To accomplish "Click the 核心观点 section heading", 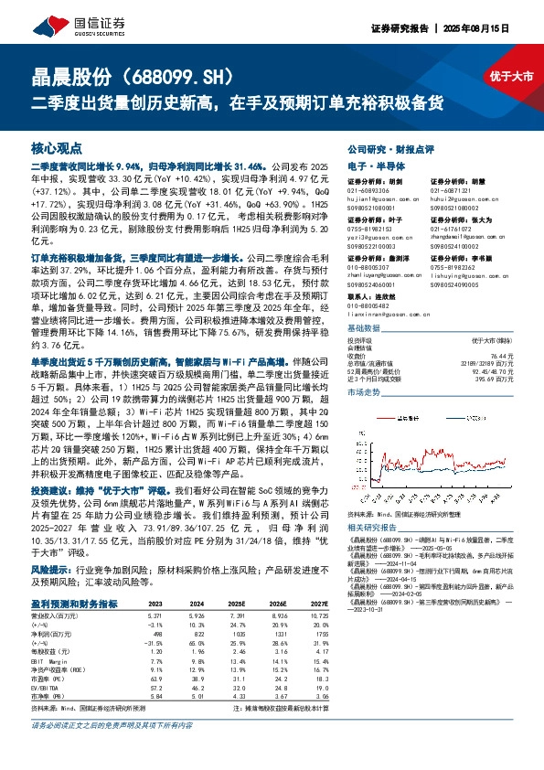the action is click(x=57, y=147).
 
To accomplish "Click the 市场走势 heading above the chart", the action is click(x=367, y=391).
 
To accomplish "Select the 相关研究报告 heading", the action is click(x=375, y=528).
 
